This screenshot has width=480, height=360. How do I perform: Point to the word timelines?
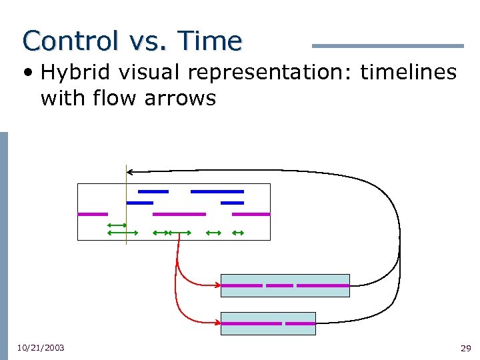click(408, 72)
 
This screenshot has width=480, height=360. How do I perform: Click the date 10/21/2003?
click(41, 347)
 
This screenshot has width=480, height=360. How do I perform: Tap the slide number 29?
click(465, 348)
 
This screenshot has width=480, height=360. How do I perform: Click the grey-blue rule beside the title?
click(387, 46)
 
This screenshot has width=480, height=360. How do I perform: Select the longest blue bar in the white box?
click(217, 191)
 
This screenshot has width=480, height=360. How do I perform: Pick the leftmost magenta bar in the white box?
click(93, 214)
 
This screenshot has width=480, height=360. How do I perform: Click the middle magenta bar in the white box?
click(179, 214)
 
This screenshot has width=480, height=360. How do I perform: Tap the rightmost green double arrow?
click(237, 233)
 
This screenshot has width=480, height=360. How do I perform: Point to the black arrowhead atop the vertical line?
click(130, 171)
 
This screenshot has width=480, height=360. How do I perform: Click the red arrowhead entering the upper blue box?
click(218, 285)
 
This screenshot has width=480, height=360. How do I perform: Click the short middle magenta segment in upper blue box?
click(279, 285)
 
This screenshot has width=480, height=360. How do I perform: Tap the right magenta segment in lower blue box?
click(300, 323)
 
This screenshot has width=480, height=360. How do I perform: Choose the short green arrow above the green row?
click(117, 225)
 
